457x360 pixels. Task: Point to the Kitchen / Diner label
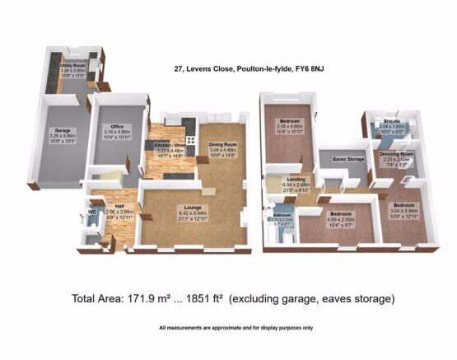tap(169, 145)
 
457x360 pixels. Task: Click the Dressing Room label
tap(396, 154)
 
